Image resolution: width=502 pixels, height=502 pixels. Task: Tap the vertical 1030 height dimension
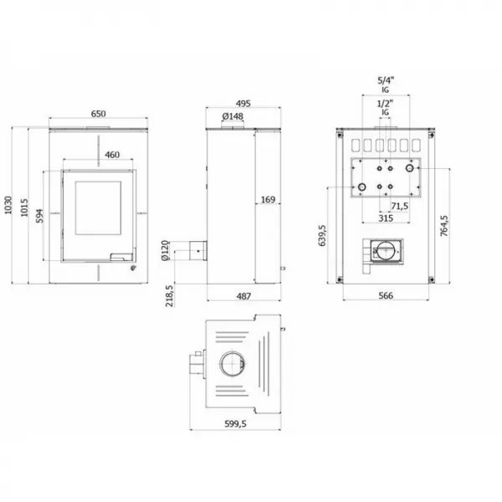tap(9, 206)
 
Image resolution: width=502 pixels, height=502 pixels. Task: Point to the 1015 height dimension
tap(28, 206)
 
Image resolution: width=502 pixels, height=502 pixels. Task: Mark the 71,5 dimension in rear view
tap(399, 205)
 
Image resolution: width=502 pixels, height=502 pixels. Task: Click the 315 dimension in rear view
tap(386, 218)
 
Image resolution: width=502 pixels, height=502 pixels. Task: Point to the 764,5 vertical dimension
tap(444, 226)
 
